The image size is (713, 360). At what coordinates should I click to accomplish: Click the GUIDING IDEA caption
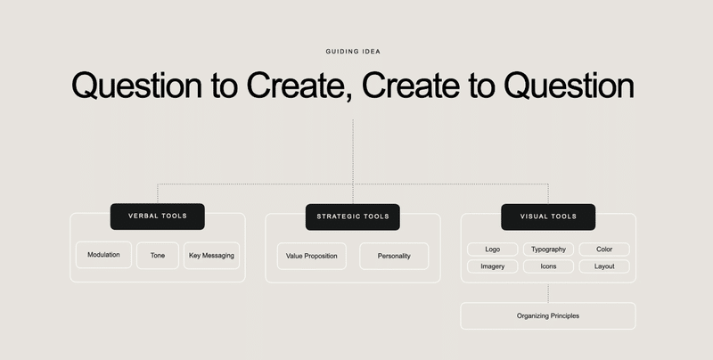[353, 52]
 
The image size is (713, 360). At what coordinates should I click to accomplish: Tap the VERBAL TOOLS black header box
[158, 217]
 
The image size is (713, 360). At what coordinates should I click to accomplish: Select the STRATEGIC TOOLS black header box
[353, 217]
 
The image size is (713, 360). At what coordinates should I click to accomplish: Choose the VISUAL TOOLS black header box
[548, 217]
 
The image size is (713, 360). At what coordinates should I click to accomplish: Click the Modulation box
[103, 255]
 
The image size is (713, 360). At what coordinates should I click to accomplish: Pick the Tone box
[158, 256]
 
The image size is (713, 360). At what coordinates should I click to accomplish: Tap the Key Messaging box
[211, 256]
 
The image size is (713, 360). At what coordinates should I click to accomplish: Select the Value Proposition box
[311, 256]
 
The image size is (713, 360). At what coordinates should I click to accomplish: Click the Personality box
[394, 256]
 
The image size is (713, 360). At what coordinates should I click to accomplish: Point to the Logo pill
[493, 250]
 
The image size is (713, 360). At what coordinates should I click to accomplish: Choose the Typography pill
[548, 250]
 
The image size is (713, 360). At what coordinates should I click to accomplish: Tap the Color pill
[604, 250]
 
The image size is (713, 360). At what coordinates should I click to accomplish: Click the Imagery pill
[493, 266]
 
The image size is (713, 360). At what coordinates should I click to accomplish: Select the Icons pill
[548, 266]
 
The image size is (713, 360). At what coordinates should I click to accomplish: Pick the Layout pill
[604, 266]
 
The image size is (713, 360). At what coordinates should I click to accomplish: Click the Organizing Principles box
[548, 316]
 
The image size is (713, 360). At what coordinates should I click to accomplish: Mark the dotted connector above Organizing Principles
[548, 293]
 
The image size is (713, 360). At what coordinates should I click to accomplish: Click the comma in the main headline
[348, 97]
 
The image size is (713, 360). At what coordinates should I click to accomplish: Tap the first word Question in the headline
[137, 86]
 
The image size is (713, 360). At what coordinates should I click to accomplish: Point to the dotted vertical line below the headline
[353, 161]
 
